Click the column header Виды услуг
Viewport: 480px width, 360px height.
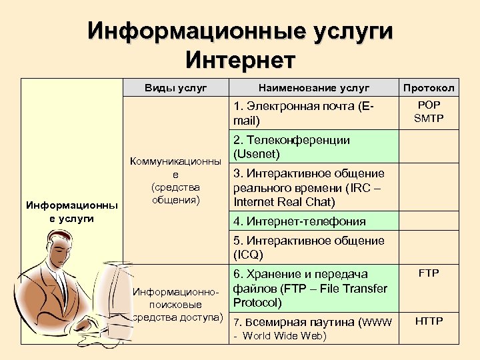176,87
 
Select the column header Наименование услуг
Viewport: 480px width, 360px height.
314,87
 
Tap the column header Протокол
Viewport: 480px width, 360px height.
428,87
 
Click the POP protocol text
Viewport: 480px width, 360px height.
429,105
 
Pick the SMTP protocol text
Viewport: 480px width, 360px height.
429,119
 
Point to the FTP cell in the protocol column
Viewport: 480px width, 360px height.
429,273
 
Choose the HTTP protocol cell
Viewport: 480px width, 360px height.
429,321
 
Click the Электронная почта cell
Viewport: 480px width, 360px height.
303,113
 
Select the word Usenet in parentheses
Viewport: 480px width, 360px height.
257,154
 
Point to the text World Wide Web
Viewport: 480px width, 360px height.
285,335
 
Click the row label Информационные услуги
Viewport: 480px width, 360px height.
72,212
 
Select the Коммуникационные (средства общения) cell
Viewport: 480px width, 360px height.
176,180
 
